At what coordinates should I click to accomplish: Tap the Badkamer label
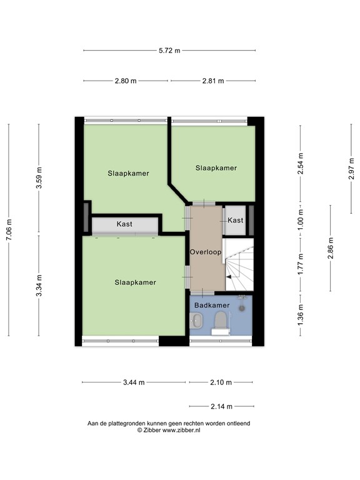click(211, 305)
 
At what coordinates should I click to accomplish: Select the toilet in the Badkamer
click(219, 322)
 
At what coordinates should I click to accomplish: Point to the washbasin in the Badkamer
click(197, 321)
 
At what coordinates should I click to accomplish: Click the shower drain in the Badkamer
click(241, 308)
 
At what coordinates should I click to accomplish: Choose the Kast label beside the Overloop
click(236, 221)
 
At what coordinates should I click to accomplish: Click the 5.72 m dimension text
click(169, 51)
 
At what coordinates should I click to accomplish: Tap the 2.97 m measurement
click(351, 167)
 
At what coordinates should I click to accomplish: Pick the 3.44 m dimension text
click(134, 382)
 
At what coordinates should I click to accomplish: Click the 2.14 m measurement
click(221, 406)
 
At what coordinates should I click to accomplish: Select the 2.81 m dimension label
click(213, 81)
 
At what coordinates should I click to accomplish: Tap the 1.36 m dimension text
click(301, 314)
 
